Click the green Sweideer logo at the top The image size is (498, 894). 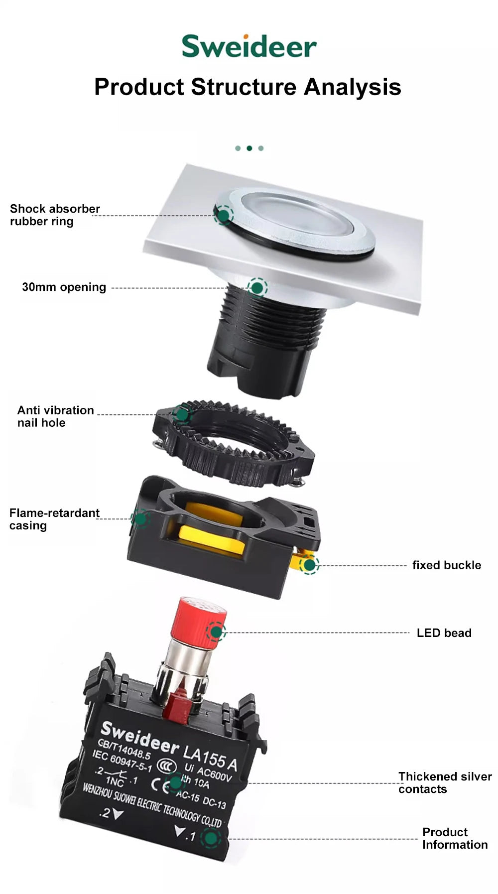pos(249,46)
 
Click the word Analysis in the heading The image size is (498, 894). pos(353,87)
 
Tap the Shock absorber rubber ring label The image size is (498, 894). pos(55,215)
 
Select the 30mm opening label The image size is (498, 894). pos(64,287)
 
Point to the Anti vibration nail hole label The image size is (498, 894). pos(55,416)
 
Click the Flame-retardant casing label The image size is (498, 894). pos(54,519)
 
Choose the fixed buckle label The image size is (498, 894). pos(447,565)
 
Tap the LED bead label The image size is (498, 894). pos(444,633)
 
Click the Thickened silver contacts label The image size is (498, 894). pos(445,782)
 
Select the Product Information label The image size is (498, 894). pos(455,838)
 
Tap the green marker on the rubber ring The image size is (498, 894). pos(224,215)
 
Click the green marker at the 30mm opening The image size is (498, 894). pos(257,288)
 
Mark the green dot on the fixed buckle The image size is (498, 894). pos(309,565)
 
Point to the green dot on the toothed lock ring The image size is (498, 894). pos(182,414)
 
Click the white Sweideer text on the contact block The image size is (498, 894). pos(139,738)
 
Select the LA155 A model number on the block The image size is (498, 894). pos(210,758)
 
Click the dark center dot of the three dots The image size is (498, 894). pos(249,148)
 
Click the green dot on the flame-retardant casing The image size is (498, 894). pos(141,518)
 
